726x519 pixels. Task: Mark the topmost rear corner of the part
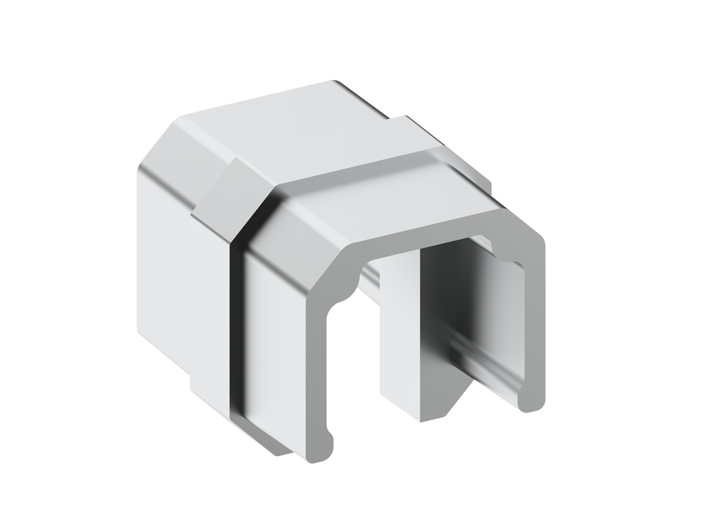coord(333,83)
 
